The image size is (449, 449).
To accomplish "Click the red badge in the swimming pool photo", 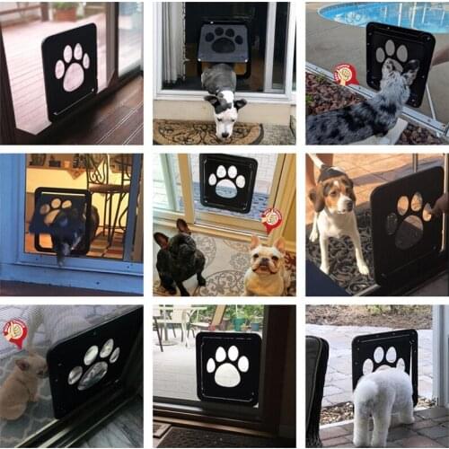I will (346, 75).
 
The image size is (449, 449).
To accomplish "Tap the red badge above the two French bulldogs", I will (271, 219).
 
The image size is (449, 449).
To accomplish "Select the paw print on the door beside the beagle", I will (409, 219).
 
